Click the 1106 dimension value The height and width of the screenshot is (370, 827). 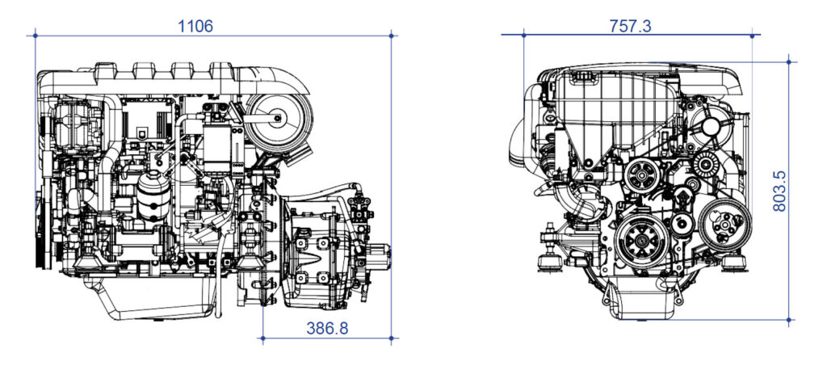[x=195, y=26]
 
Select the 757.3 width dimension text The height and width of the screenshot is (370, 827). [x=630, y=26]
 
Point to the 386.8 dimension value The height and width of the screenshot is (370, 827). [x=327, y=327]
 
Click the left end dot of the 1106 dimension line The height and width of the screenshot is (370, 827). [x=36, y=35]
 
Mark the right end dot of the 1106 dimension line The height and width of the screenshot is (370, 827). [x=392, y=35]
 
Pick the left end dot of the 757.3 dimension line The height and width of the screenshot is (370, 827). [x=523, y=35]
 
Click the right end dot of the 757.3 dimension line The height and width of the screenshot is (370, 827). [x=753, y=35]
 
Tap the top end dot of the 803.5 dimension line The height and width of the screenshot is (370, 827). [x=789, y=61]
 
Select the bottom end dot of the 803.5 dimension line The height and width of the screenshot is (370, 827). [x=789, y=320]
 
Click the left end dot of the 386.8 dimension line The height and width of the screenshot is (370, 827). [x=263, y=338]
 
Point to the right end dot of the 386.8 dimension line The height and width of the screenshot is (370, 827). [x=392, y=338]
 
